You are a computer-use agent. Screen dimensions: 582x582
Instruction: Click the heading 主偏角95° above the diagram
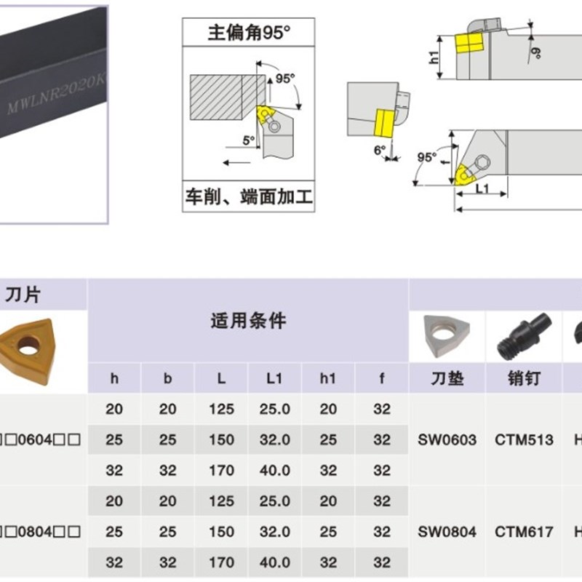(249, 33)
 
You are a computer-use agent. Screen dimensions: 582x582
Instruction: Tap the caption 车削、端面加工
(249, 197)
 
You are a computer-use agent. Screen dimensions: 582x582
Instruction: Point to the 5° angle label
(249, 140)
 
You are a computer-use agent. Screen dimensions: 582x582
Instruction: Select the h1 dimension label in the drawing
(435, 58)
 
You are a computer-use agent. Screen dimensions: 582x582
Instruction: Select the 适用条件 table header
(248, 321)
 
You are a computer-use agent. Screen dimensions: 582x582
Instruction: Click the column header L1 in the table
(274, 379)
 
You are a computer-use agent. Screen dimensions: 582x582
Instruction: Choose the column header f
(382, 379)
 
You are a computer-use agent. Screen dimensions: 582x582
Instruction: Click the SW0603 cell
(447, 439)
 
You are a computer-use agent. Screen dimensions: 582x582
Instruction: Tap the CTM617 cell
(524, 532)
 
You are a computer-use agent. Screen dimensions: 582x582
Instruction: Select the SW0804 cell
(447, 532)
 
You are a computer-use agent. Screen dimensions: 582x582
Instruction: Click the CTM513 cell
(524, 439)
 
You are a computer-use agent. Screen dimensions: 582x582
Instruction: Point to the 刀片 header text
(23, 295)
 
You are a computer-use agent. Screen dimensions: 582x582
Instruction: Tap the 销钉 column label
(523, 379)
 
